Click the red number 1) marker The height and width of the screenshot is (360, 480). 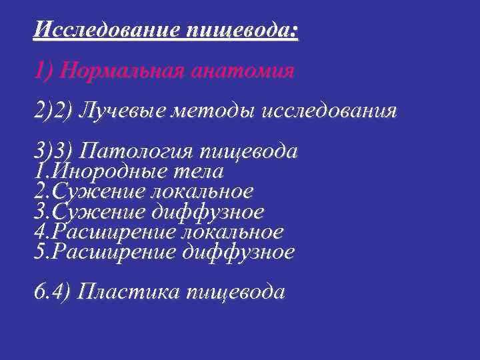click(x=43, y=71)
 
